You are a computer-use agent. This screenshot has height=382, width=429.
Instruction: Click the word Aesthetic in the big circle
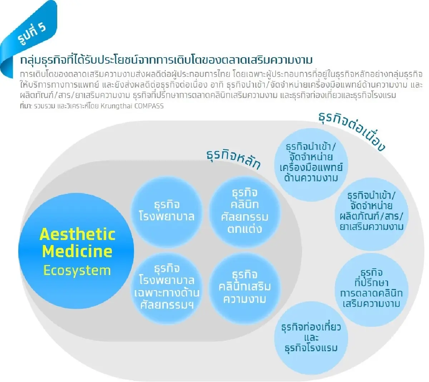[77, 235]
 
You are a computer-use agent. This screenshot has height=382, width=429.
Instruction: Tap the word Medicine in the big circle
[77, 251]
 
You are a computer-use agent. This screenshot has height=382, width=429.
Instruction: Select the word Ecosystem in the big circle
[77, 270]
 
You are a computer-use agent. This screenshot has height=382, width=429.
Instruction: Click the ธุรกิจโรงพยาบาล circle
[167, 211]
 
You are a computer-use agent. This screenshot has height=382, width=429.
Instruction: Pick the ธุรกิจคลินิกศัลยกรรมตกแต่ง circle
[245, 211]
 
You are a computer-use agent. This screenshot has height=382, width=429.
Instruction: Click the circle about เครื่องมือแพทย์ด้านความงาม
[311, 163]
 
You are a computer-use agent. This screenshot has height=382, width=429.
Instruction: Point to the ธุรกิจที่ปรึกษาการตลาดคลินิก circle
[371, 288]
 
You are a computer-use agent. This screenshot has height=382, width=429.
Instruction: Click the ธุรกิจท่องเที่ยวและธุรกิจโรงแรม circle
[311, 338]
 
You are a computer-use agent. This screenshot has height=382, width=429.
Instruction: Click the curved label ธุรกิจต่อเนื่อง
[352, 131]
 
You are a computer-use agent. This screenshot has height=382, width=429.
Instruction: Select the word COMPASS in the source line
[149, 106]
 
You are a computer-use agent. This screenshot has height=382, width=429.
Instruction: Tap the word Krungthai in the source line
[116, 106]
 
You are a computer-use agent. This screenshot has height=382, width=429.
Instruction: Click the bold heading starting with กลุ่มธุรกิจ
[166, 60]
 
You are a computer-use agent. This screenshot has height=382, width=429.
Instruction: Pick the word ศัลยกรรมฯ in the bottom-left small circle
[167, 305]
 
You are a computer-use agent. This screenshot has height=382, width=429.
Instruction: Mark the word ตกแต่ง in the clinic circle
[245, 229]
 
